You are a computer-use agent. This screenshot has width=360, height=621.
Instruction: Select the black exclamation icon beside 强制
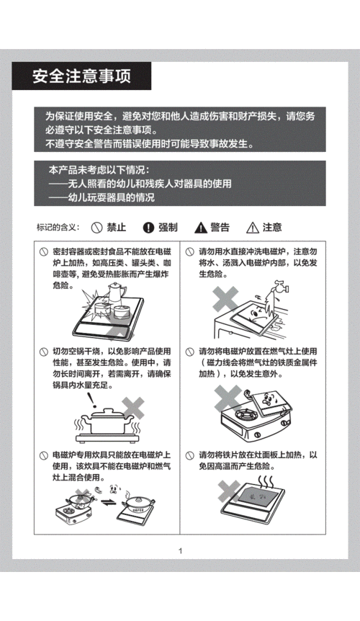tap(148, 228)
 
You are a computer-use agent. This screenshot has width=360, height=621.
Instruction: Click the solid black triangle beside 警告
tap(200, 228)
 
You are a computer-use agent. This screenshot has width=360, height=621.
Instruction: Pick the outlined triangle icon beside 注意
tap(252, 228)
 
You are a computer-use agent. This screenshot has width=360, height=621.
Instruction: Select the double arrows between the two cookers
tap(107, 502)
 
